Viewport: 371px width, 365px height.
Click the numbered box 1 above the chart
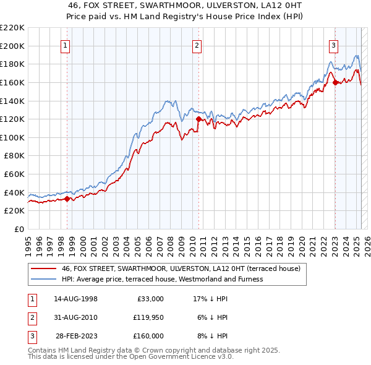click(x=66, y=45)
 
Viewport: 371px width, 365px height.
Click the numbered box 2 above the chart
click(x=197, y=45)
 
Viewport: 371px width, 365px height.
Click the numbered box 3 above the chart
click(x=333, y=45)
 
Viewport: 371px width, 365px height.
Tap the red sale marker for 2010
click(x=198, y=119)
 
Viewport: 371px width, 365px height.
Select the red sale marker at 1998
click(x=67, y=199)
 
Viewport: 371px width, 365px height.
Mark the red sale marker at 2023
click(x=335, y=82)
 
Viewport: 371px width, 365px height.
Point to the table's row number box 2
click(x=31, y=317)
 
